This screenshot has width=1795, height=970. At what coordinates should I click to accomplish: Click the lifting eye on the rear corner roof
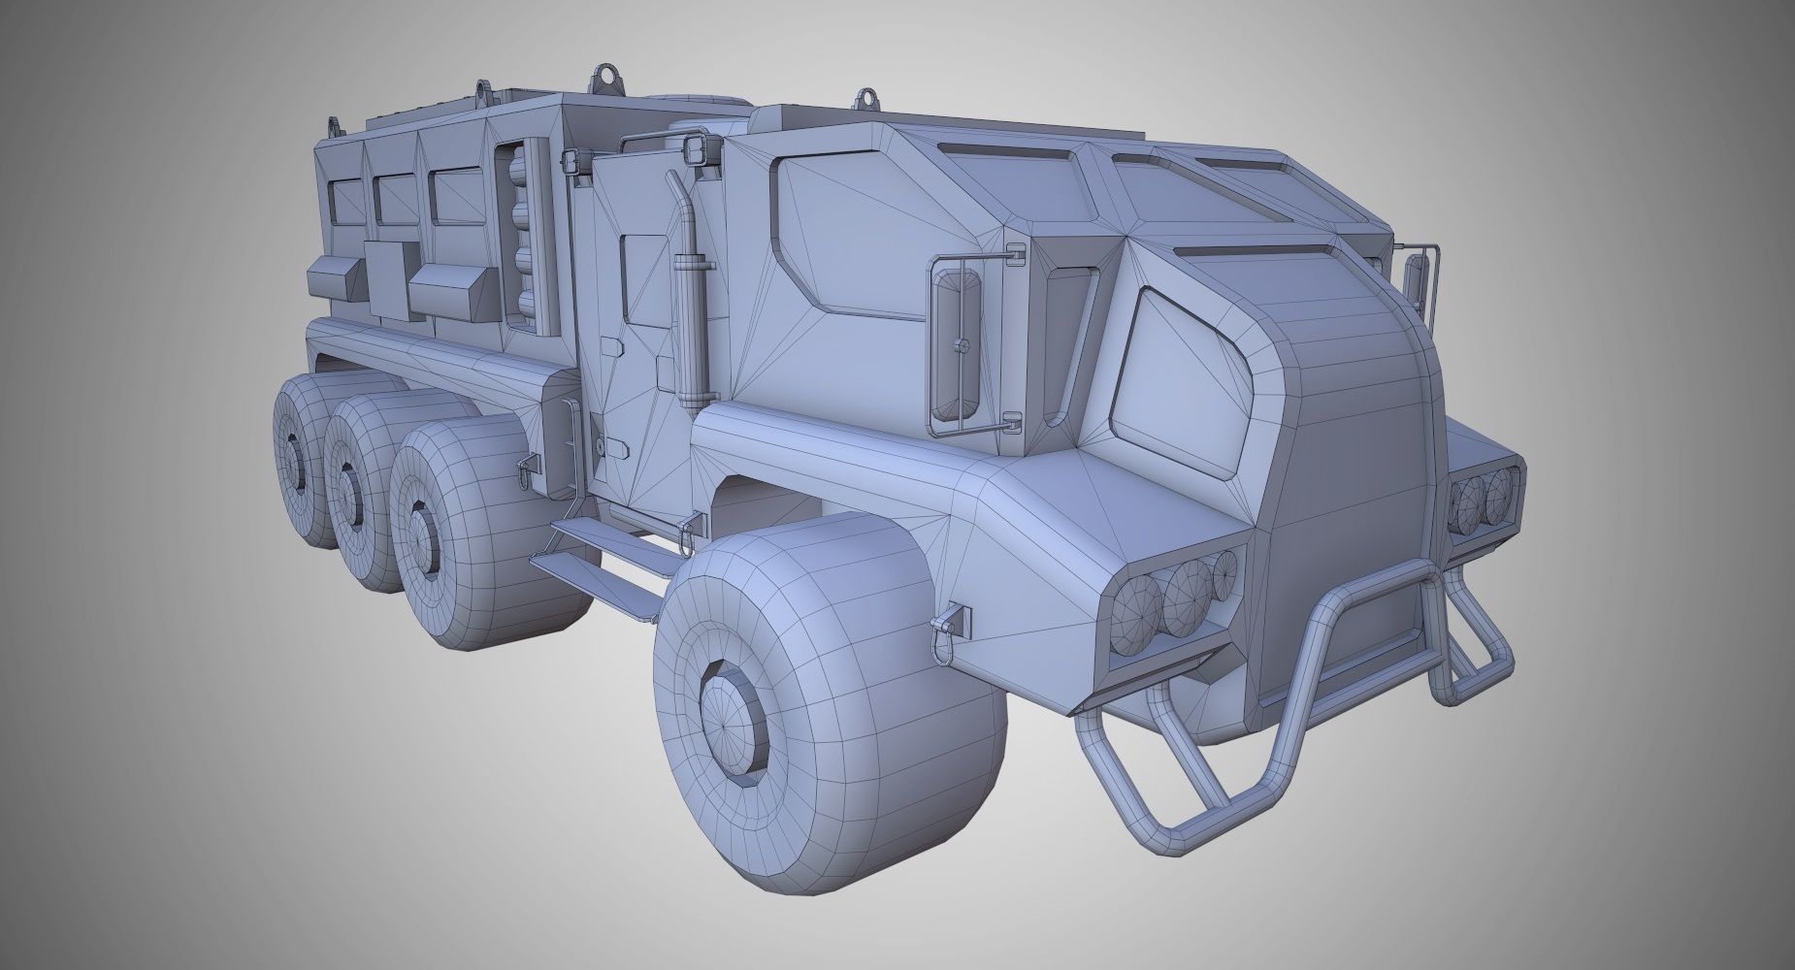[x=338, y=127]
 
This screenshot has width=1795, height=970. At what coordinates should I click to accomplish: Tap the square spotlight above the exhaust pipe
[x=698, y=149]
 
